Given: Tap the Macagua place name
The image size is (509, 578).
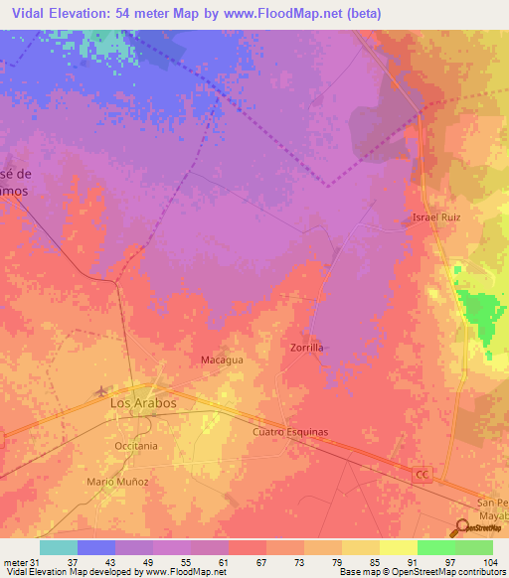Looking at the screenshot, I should pyautogui.click(x=222, y=360).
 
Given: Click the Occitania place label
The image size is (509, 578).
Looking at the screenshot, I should pyautogui.click(x=135, y=446).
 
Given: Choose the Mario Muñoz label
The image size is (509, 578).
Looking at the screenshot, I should pyautogui.click(x=117, y=481).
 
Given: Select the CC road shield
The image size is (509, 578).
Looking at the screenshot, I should pyautogui.click(x=422, y=477).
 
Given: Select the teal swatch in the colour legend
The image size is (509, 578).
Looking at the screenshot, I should pyautogui.click(x=59, y=547).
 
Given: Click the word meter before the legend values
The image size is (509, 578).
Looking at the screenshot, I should pyautogui.click(x=14, y=561).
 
